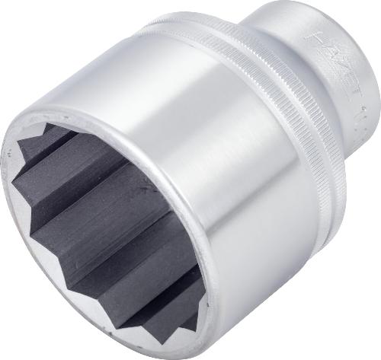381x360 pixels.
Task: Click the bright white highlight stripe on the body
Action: pyautogui.click(x=206, y=137)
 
